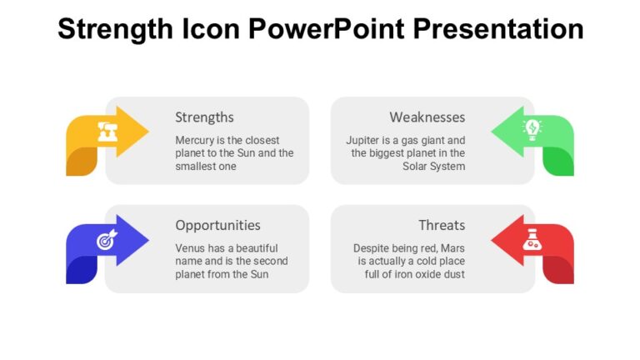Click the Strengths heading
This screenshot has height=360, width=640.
[x=204, y=117]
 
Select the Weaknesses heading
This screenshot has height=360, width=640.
[x=427, y=117]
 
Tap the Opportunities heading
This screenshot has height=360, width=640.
[x=217, y=225]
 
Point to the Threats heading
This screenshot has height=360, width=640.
[x=442, y=225]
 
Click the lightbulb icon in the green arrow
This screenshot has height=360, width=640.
[x=531, y=129]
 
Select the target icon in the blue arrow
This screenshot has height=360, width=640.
[x=106, y=241]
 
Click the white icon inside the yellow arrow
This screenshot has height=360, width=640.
[x=107, y=131]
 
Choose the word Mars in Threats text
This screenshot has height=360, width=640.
[x=452, y=248]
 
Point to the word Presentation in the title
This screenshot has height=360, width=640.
[x=499, y=29]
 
